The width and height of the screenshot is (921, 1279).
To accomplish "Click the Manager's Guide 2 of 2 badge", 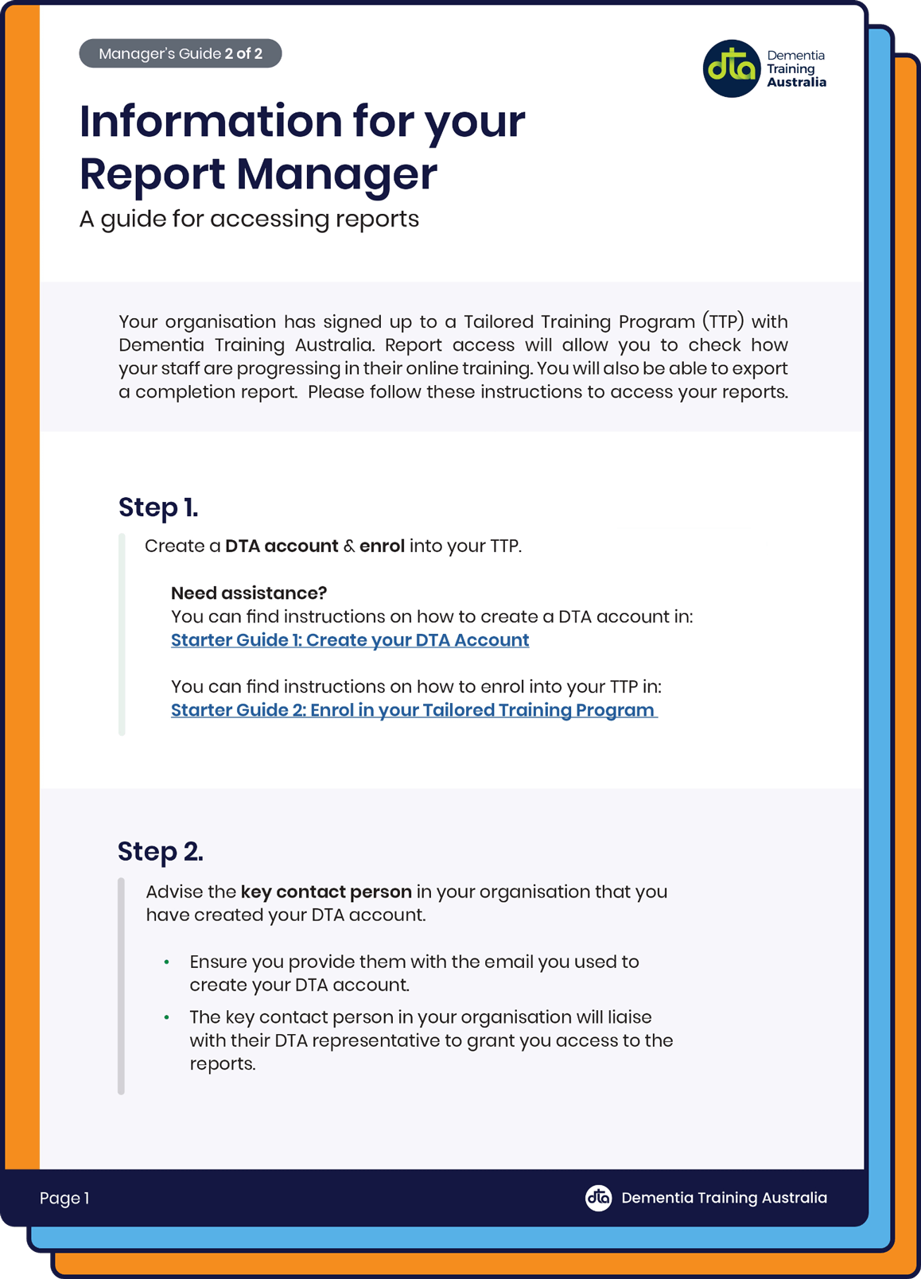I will click(x=180, y=53).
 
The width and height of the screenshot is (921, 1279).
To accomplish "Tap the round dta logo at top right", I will click(x=732, y=68).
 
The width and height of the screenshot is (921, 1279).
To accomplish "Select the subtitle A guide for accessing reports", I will click(x=249, y=219).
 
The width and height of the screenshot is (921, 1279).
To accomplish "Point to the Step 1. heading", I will click(x=158, y=507).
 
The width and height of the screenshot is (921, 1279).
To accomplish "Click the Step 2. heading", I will click(x=161, y=851).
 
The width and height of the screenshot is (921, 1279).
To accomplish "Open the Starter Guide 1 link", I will click(x=350, y=640).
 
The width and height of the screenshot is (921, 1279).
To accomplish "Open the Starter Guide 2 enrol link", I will click(x=413, y=710).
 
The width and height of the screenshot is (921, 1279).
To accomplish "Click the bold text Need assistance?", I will click(x=249, y=593).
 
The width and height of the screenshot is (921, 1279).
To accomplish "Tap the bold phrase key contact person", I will click(x=326, y=892).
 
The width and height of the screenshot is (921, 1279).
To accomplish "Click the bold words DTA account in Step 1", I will click(x=282, y=546).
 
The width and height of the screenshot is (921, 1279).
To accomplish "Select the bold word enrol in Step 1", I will click(x=382, y=546).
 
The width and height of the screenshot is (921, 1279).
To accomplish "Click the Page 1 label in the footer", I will click(x=64, y=1198).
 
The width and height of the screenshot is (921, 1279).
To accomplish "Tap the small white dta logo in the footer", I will click(x=598, y=1197).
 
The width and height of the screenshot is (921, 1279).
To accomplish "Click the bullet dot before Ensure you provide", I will click(x=167, y=962).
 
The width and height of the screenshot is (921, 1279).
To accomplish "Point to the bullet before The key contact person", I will click(x=167, y=1018).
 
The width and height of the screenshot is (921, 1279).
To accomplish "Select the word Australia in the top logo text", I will click(x=796, y=83).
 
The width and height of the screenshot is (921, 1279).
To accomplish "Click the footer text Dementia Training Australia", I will click(x=724, y=1198).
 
